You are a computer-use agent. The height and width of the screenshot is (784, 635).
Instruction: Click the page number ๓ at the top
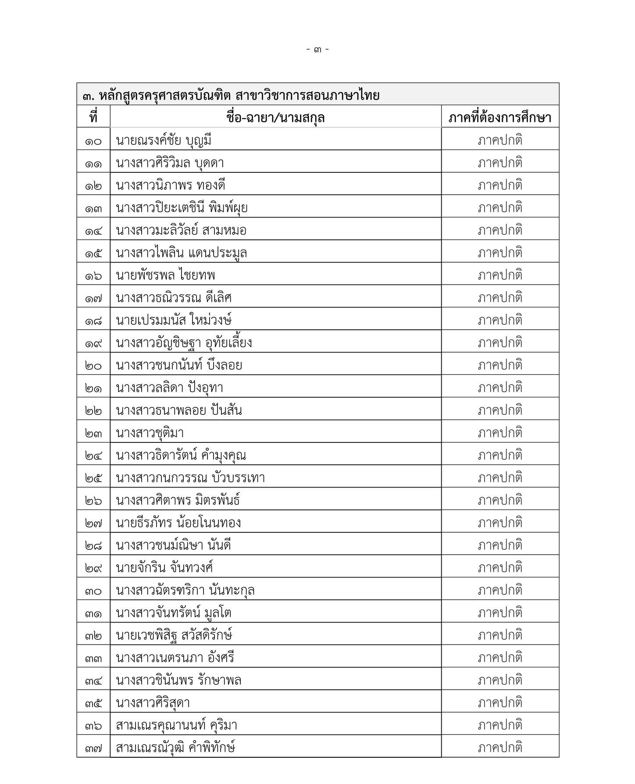tap(317, 50)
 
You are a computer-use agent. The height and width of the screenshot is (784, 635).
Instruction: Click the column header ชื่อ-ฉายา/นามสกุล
tap(275, 118)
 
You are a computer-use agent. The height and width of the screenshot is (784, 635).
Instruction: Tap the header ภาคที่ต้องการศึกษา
tap(500, 118)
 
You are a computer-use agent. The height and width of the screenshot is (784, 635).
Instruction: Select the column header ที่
tap(93, 118)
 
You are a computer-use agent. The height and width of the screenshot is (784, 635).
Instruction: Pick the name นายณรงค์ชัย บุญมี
tap(164, 141)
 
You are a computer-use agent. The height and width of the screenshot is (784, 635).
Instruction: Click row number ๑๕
tap(93, 253)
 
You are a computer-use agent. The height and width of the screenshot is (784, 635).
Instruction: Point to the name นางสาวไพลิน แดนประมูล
tap(182, 253)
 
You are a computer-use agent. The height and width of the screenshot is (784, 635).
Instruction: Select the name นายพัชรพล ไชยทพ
tap(166, 275)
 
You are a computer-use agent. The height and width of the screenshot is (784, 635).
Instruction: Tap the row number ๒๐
tap(93, 366)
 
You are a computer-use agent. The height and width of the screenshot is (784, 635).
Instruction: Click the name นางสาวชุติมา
tap(150, 433)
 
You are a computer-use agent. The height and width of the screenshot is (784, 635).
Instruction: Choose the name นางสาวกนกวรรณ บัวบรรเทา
tap(190, 478)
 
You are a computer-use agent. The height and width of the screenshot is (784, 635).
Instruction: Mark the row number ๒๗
tap(93, 523)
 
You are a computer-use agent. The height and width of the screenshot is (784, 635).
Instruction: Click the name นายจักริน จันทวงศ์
tap(164, 568)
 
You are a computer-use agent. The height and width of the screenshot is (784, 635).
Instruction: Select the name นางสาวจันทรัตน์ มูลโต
tap(174, 613)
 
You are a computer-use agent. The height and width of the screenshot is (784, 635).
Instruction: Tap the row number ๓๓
tap(93, 659)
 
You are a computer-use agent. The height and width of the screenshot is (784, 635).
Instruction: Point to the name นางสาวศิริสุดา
tap(153, 703)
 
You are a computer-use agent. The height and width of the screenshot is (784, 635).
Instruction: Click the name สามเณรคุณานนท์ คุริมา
tap(176, 725)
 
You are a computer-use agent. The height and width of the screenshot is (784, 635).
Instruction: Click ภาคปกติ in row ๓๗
tap(500, 748)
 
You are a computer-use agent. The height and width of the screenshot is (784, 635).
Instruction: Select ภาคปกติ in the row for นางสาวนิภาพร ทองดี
tap(500, 185)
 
